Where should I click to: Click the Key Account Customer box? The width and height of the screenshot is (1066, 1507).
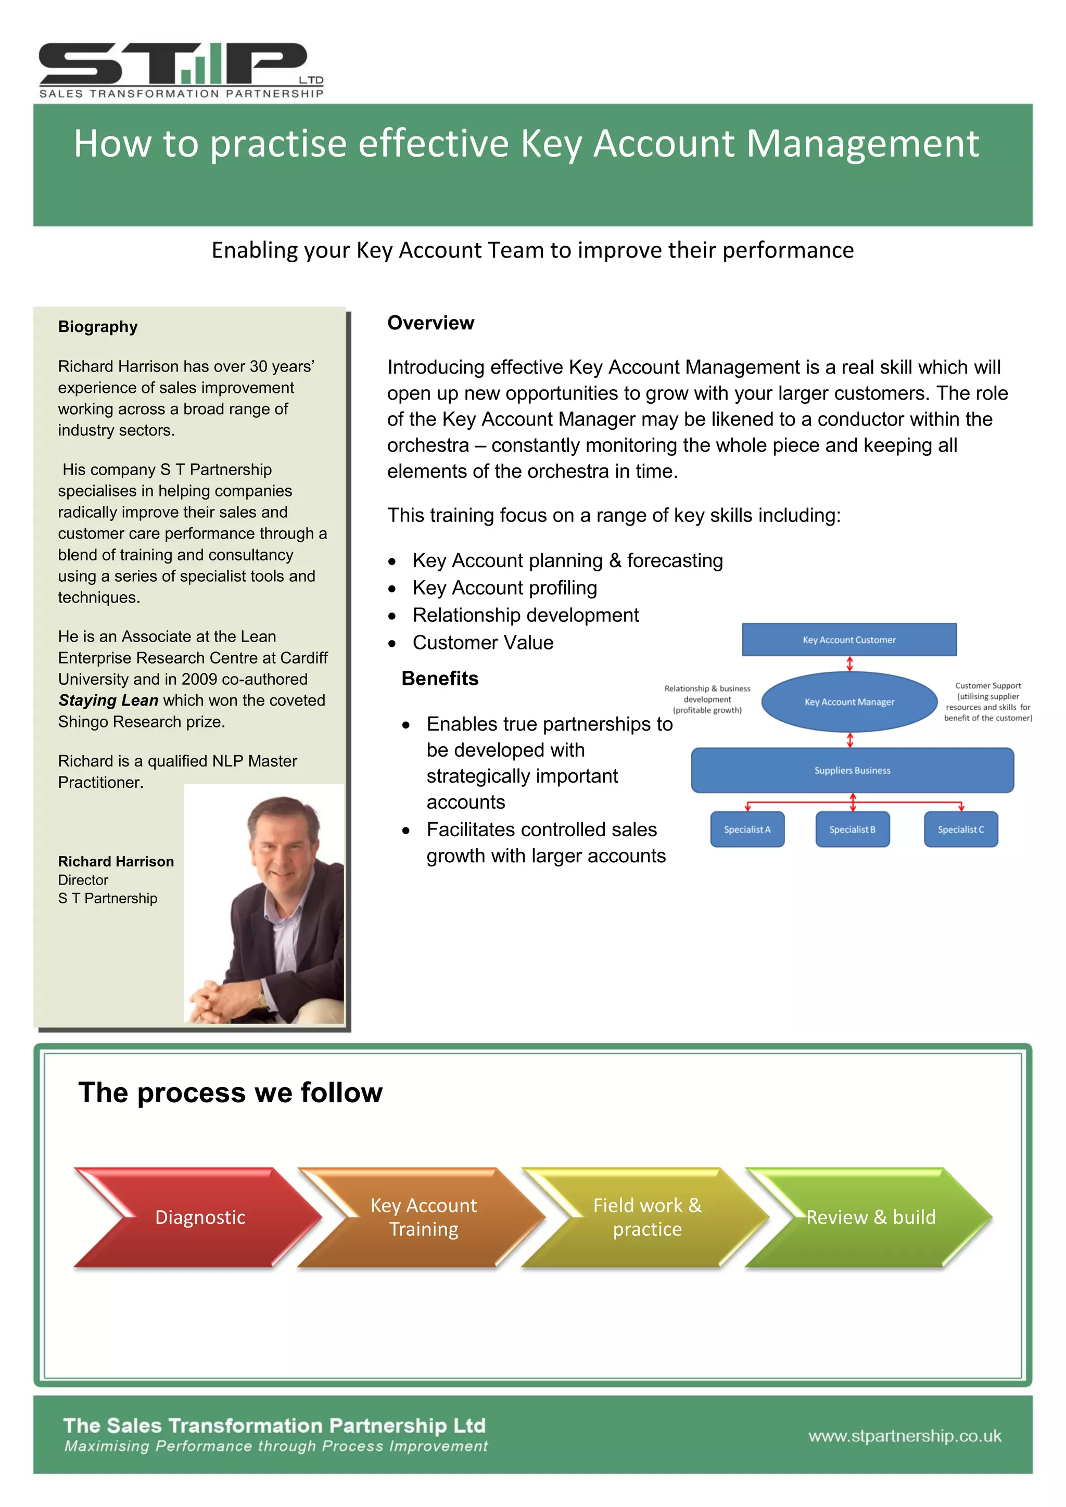(849, 640)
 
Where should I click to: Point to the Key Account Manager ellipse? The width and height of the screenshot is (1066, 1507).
(849, 701)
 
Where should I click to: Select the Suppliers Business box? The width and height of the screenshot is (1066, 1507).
(852, 770)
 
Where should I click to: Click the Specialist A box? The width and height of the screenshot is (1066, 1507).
(747, 829)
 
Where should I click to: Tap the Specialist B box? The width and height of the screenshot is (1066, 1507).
(852, 829)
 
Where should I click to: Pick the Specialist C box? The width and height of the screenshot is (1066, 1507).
(960, 829)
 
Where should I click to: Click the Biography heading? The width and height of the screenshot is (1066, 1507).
(98, 327)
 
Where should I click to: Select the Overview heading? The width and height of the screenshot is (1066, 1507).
(430, 323)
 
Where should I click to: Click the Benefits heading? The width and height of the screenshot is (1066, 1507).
(440, 678)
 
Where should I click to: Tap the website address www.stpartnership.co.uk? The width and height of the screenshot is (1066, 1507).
(905, 1436)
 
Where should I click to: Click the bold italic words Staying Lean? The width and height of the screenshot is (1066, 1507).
(108, 700)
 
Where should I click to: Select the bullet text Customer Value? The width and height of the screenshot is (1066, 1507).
(483, 643)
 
